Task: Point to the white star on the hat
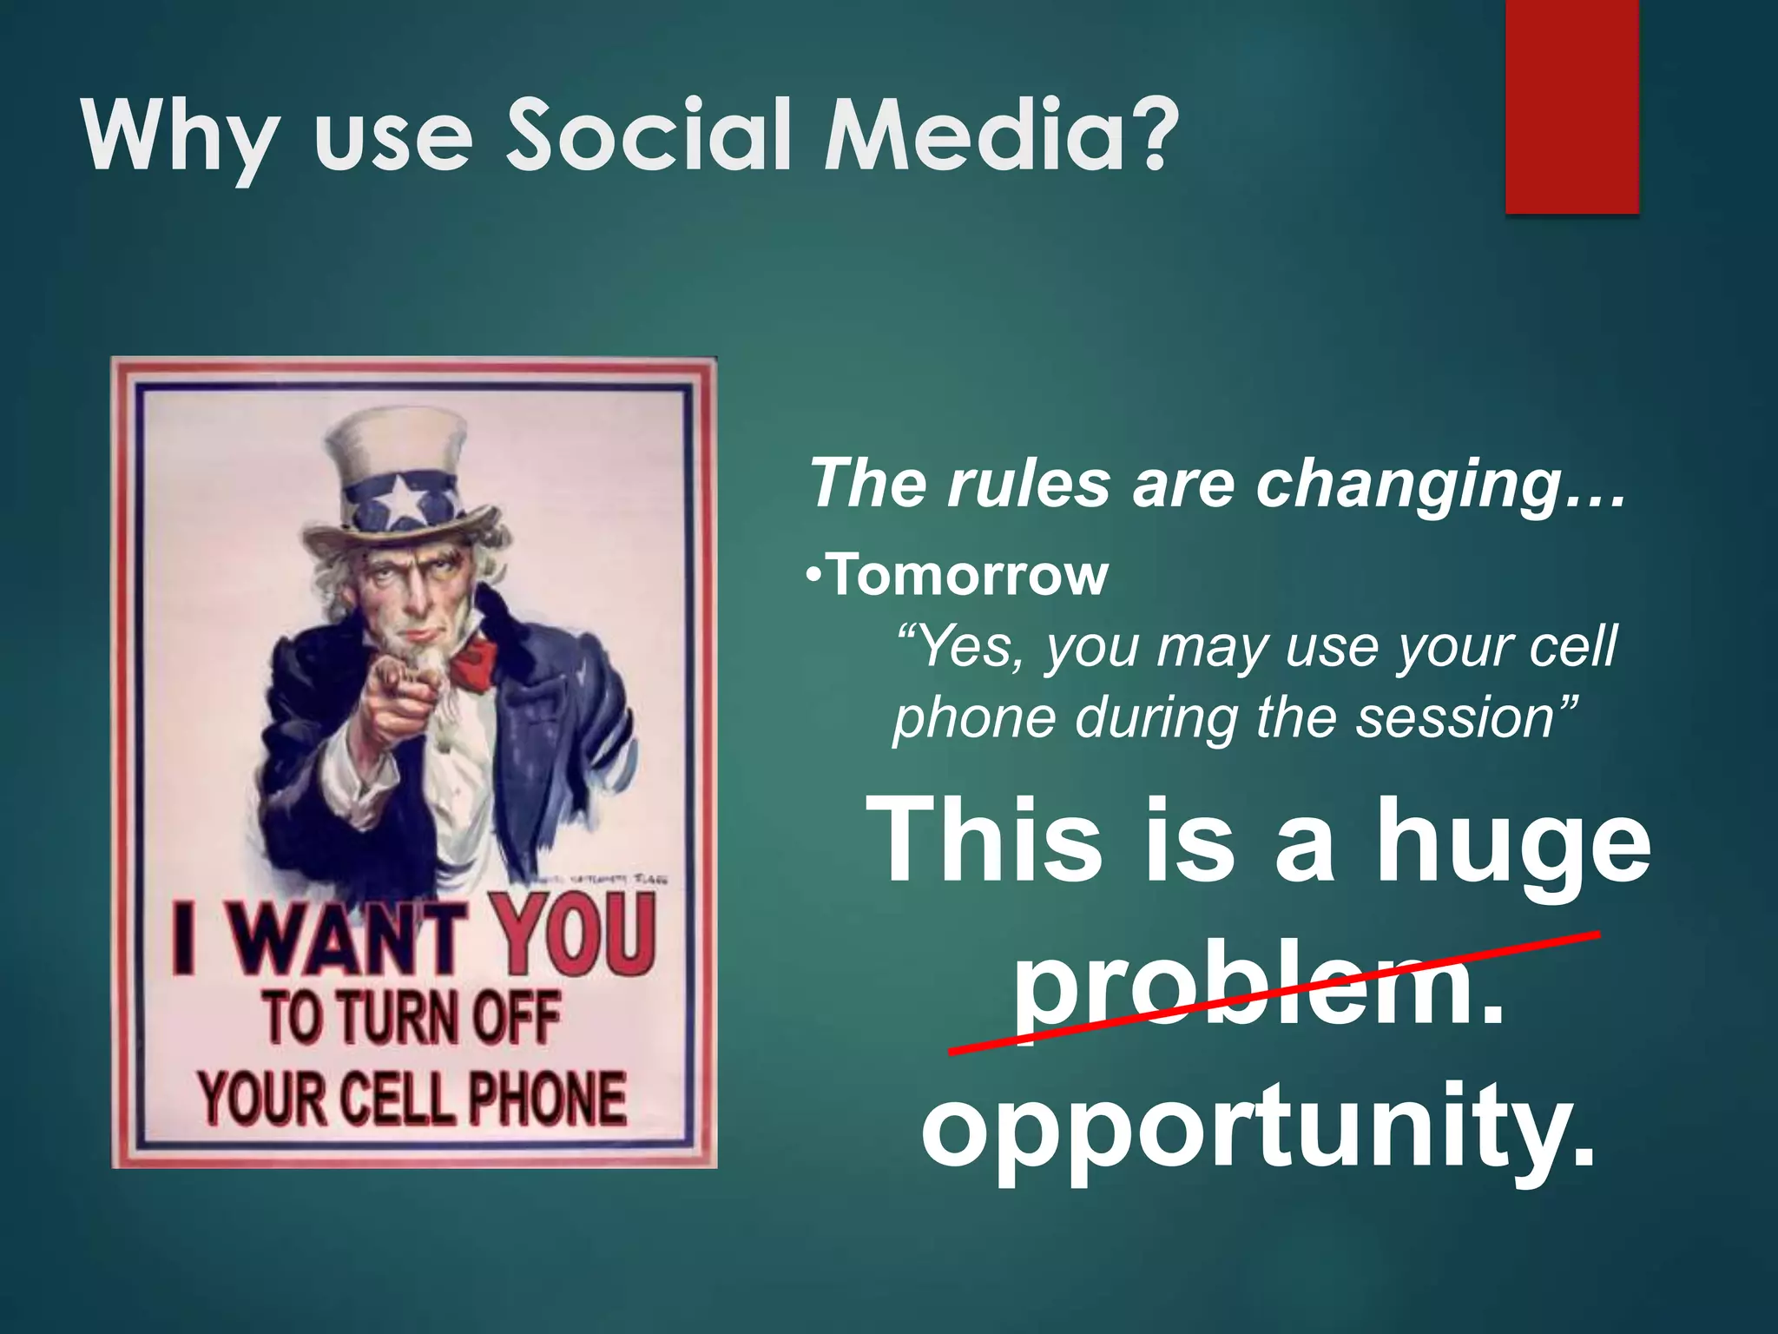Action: [402, 502]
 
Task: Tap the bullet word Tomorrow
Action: [968, 576]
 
